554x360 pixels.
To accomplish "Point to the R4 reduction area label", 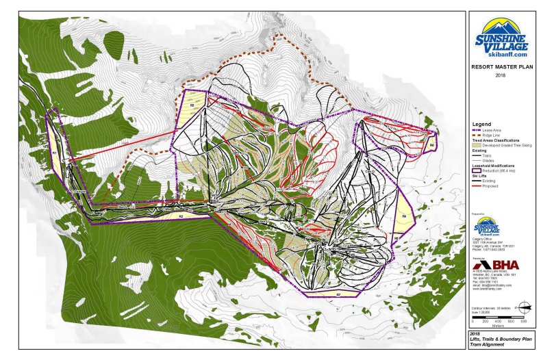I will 405,218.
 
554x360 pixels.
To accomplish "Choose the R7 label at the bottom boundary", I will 338,294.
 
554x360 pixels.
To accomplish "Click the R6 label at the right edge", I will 432,145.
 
